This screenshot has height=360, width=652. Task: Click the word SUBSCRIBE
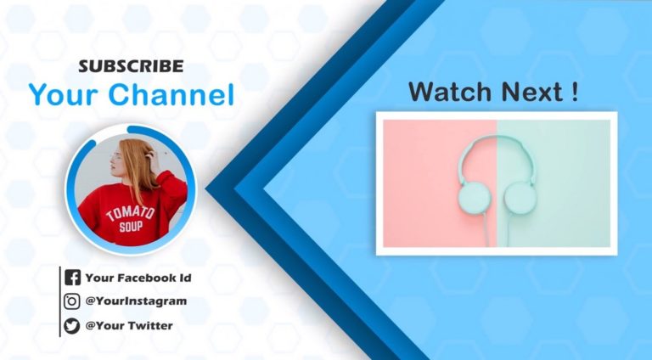pos(130,65)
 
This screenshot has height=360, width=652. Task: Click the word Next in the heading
pos(529,93)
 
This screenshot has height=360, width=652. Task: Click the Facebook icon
pos(72,277)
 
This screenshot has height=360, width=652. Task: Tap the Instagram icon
pos(72,301)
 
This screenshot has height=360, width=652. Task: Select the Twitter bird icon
pos(72,325)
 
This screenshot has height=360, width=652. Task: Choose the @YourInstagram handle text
pos(136,301)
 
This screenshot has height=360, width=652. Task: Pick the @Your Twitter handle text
pos(129,325)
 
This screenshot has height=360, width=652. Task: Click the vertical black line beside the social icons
pos(60,301)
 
